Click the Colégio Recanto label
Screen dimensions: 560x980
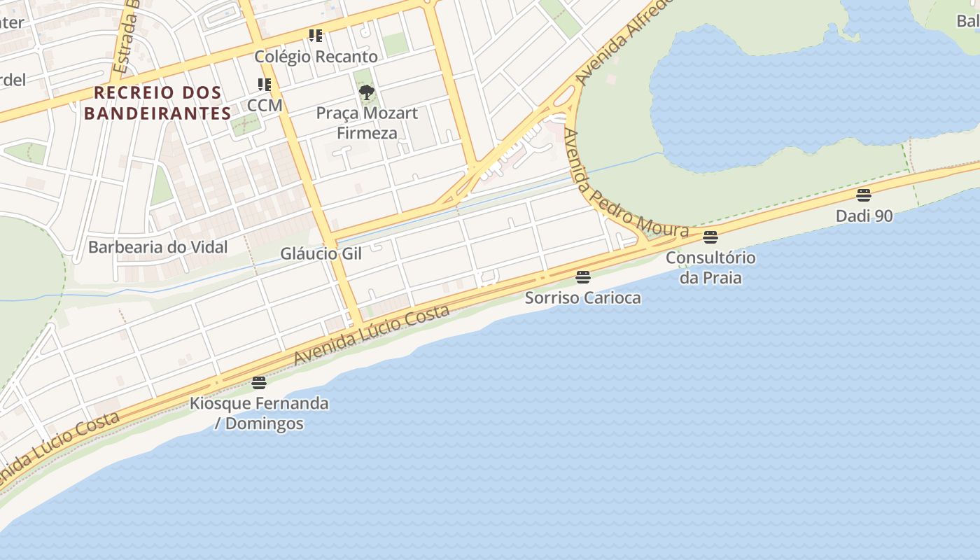tap(316, 57)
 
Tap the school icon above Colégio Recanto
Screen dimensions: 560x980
tap(316, 35)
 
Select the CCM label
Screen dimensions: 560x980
tap(265, 106)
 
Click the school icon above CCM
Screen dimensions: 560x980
tap(265, 85)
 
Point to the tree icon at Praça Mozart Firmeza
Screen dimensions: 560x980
tap(366, 92)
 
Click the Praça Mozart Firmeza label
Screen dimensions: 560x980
tap(367, 122)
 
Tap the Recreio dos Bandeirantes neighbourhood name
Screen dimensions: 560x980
tap(157, 102)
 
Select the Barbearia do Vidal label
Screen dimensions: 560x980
tap(158, 247)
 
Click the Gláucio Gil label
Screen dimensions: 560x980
tap(321, 253)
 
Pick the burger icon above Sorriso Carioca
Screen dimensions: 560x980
tap(583, 276)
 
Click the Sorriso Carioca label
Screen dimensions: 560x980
tap(583, 297)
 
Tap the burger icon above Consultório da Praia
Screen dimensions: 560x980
tap(710, 237)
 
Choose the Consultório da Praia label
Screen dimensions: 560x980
tap(710, 267)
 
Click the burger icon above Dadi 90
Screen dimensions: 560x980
tap(864, 195)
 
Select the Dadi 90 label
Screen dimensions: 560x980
tap(864, 216)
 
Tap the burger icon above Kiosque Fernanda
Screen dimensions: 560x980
tap(259, 382)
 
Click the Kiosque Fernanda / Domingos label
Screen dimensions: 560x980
tap(259, 413)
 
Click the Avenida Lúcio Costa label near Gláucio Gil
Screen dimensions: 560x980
tap(371, 335)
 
